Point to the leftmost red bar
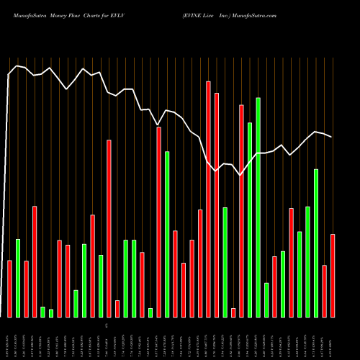(9, 288)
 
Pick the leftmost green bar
(18, 278)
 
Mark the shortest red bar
(233, 312)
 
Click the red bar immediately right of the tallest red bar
(217, 204)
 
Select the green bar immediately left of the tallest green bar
(250, 220)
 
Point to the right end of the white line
(331, 137)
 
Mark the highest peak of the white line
(17, 66)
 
